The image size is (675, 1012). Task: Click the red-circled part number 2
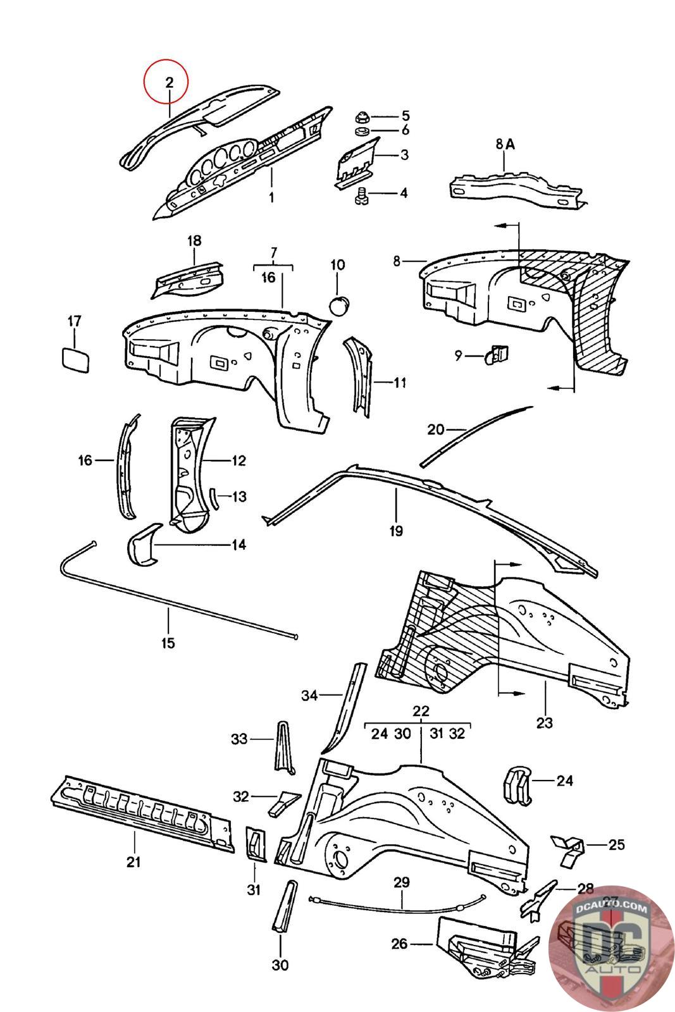point(168,82)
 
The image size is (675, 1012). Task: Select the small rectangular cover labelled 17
point(75,360)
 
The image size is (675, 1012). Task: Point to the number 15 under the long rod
point(168,643)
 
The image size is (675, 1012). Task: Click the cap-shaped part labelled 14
point(143,545)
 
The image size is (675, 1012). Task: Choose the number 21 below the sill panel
point(133,861)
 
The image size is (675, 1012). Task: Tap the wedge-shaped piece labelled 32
point(279,802)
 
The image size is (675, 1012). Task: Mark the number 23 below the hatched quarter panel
point(544,722)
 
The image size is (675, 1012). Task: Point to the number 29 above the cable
point(402,882)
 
